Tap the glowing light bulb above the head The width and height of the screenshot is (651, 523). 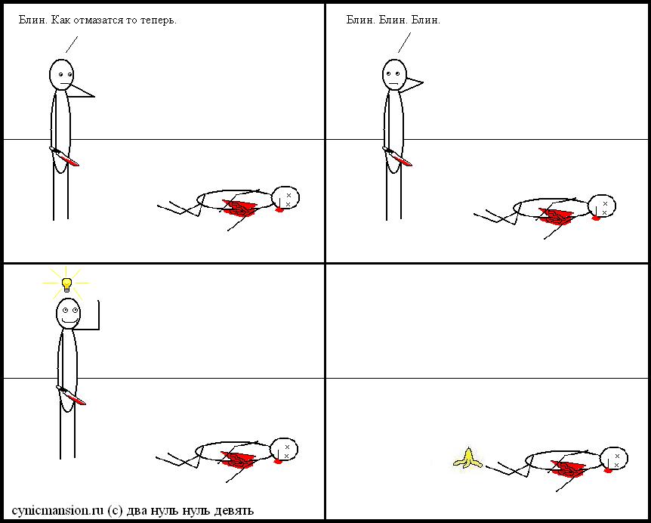click(66, 285)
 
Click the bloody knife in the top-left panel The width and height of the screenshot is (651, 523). click(64, 156)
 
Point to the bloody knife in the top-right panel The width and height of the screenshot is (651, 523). click(397, 156)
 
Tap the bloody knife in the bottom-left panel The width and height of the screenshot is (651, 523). click(71, 395)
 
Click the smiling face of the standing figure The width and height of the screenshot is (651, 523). click(69, 314)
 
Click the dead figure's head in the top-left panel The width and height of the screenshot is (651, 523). click(285, 198)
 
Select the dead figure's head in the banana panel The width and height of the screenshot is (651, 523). click(614, 459)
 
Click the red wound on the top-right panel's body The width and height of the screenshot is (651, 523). click(555, 216)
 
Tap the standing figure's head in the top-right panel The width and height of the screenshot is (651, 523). click(394, 75)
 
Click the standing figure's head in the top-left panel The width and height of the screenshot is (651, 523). click(61, 75)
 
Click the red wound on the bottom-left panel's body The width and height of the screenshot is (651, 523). click(237, 460)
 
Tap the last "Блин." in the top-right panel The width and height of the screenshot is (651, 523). click(425, 20)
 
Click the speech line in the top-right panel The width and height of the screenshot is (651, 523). click(404, 43)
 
